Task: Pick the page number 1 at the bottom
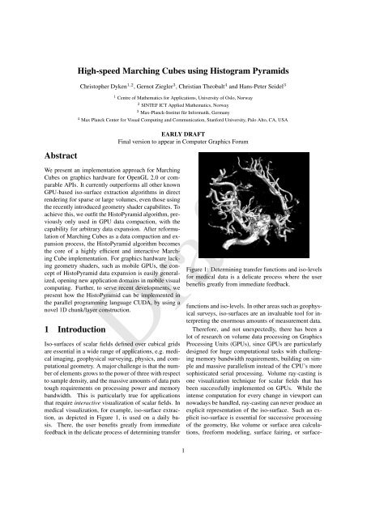(x=184, y=499)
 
